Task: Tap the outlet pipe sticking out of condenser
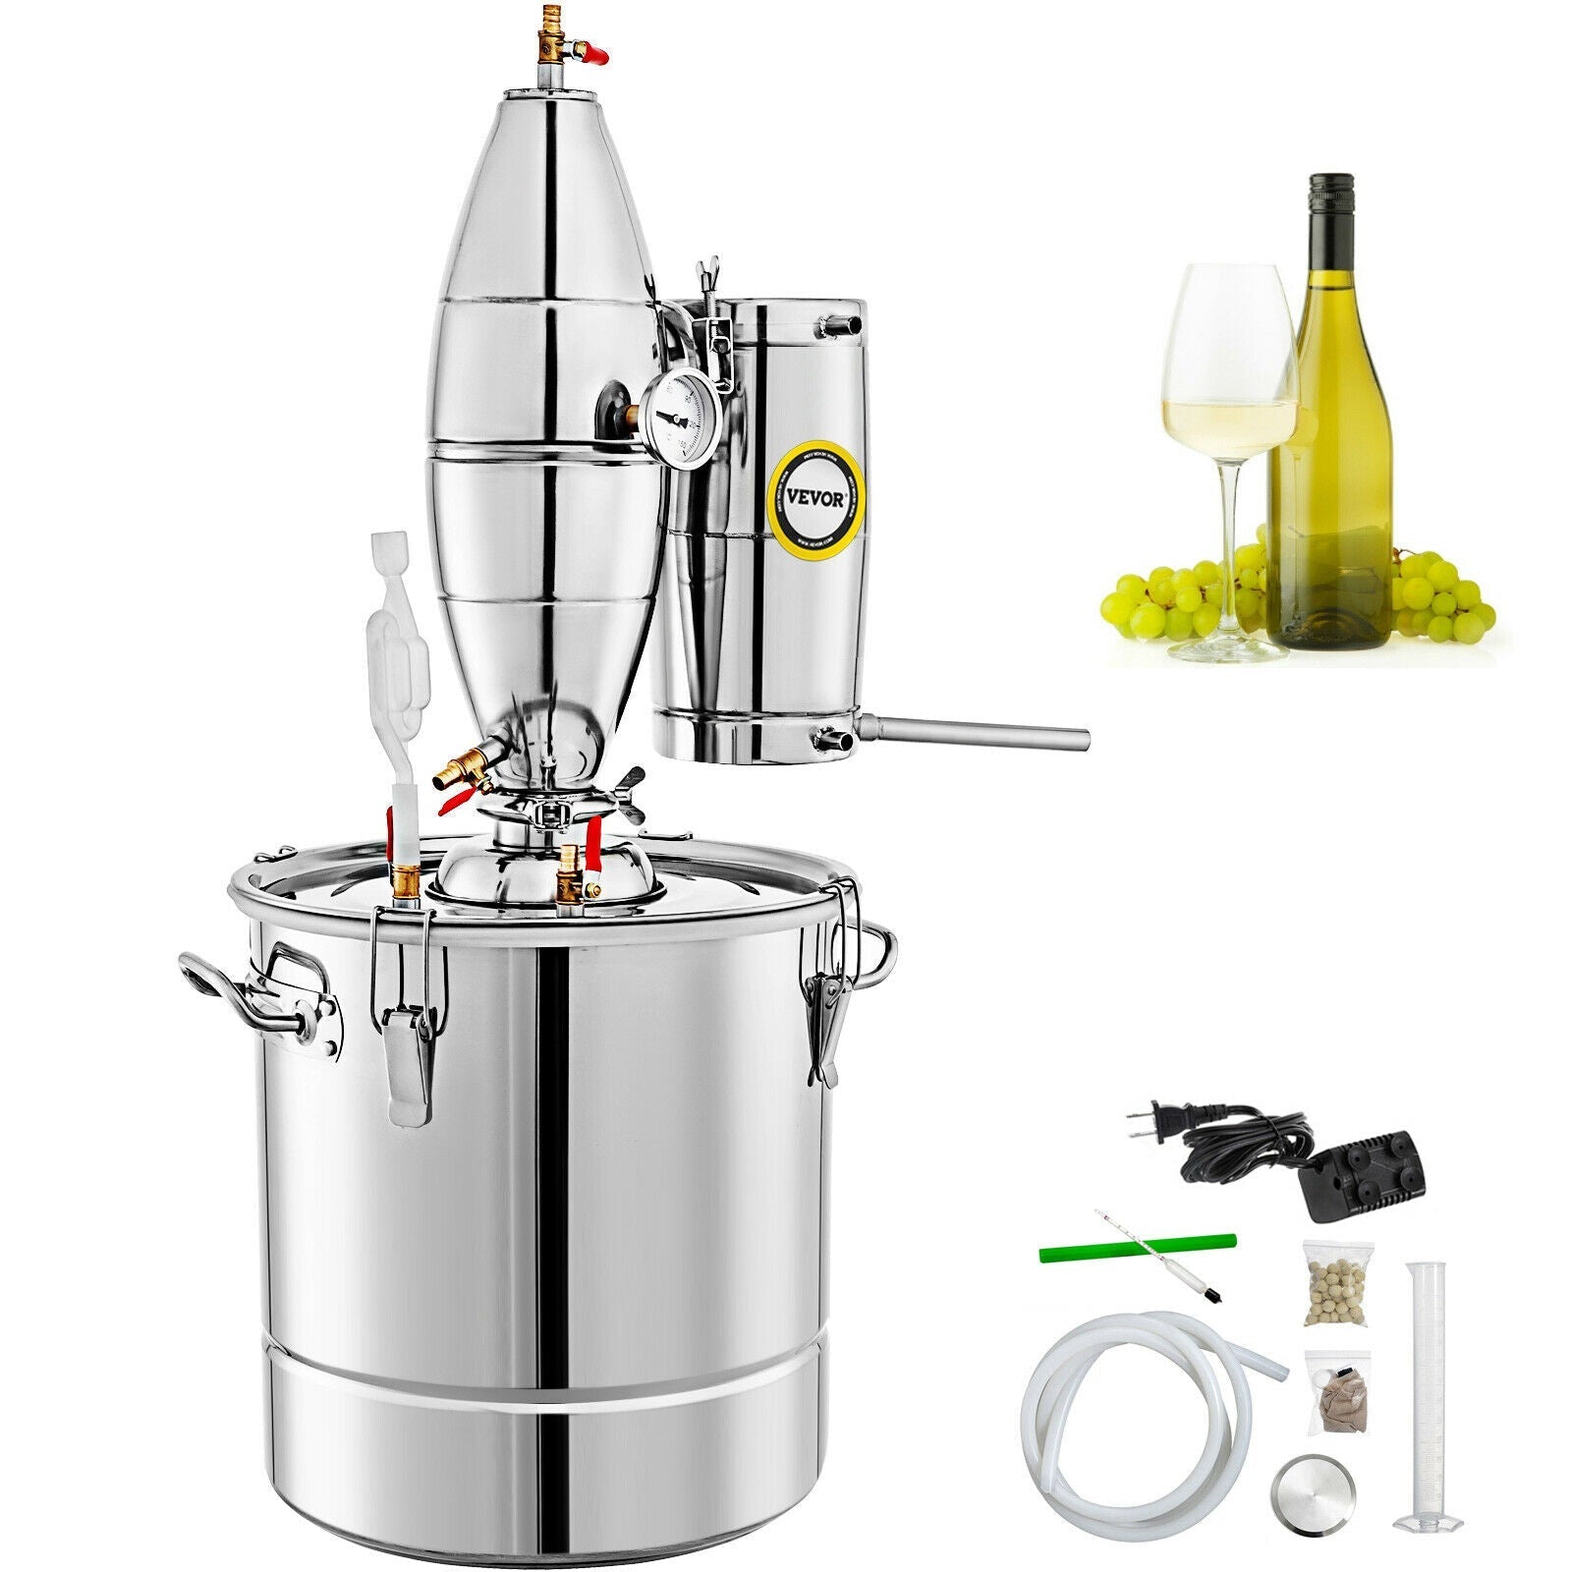(973, 734)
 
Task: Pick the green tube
(1137, 1246)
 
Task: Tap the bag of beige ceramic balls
(1334, 1285)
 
